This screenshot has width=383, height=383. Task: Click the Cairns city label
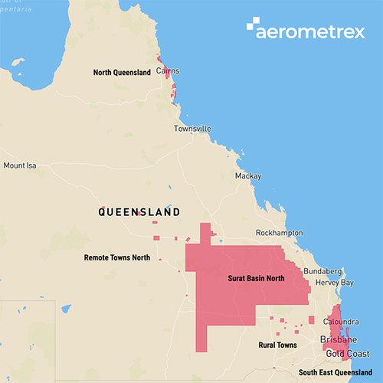point(168,70)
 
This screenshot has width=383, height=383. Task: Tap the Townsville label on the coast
point(191,129)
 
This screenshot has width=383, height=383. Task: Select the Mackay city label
point(248,176)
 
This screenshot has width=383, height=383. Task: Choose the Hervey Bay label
point(336,283)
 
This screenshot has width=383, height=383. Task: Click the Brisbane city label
point(338,339)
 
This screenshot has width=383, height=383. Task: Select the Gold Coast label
point(345,353)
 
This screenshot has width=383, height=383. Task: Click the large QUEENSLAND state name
point(139,211)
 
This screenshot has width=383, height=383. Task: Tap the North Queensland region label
point(123,73)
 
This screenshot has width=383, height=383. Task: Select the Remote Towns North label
point(116,258)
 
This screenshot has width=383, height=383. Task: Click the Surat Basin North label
point(256,278)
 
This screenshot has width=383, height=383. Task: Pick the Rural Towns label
point(277,345)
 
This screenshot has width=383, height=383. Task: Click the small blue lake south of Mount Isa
point(67,309)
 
